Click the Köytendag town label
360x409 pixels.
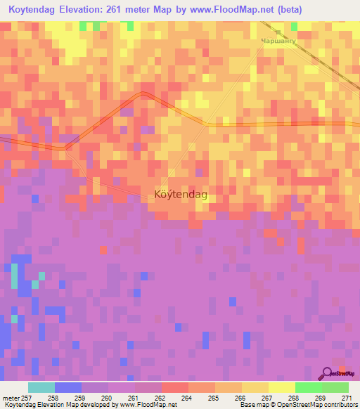(180, 196)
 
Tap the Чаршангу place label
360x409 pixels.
(280, 41)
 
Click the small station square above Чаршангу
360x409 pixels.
(278, 32)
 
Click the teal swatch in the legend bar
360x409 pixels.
(41, 387)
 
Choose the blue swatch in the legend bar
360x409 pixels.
(67, 387)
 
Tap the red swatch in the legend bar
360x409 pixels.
(174, 387)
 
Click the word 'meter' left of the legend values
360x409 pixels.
(11, 398)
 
